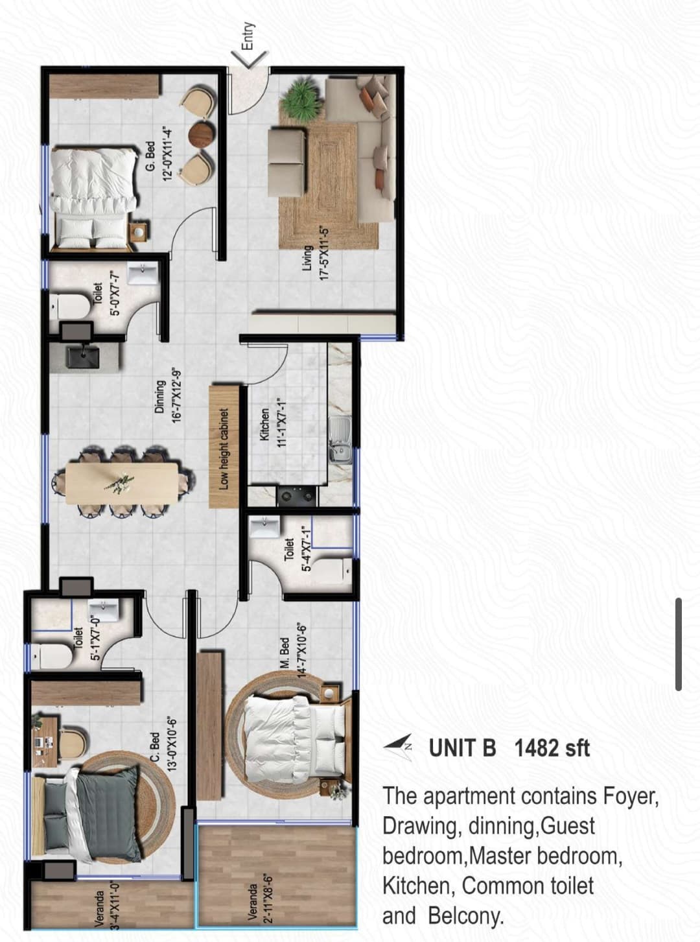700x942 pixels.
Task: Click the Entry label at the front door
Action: point(248,36)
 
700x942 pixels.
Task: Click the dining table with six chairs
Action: point(121,483)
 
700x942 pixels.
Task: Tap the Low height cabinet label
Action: point(224,449)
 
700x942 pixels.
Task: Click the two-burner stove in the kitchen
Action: point(297,496)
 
